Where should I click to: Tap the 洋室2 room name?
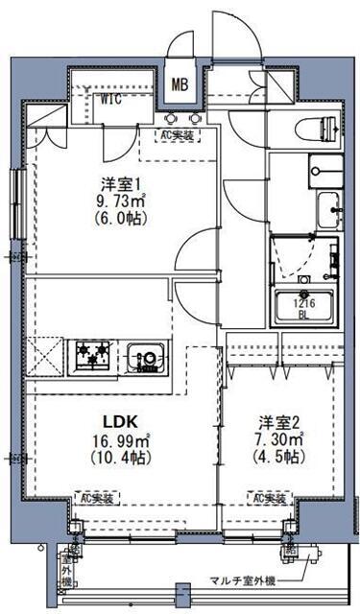click(278, 420)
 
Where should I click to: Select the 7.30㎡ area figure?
click(279, 438)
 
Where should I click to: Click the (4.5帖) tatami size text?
click(279, 456)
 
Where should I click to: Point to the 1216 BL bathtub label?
click(302, 307)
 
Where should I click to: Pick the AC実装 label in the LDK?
click(96, 498)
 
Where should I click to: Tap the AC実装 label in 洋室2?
click(271, 498)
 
